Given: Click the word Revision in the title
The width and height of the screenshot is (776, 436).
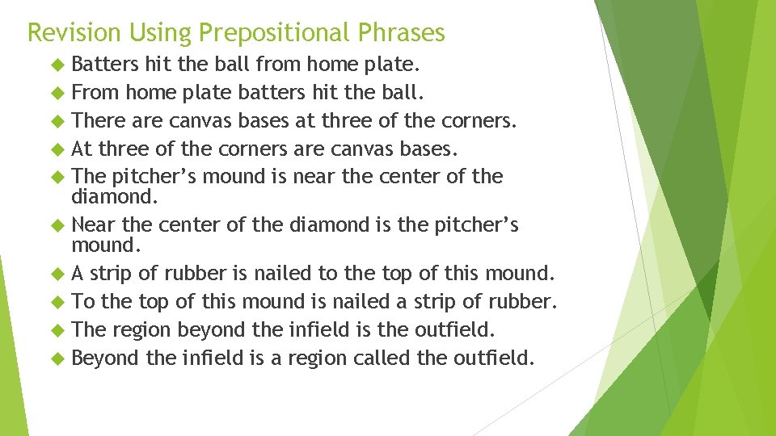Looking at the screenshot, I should tap(74, 32).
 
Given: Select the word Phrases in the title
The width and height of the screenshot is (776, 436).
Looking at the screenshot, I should tap(404, 32).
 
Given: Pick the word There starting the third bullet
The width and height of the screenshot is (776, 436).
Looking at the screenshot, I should tap(95, 120).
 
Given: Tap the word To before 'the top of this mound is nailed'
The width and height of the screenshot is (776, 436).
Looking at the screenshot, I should tap(83, 301).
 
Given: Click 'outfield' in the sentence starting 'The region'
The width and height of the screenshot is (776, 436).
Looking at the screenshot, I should tap(457, 329).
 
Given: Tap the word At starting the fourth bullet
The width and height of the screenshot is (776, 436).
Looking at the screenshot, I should tap(82, 149).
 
